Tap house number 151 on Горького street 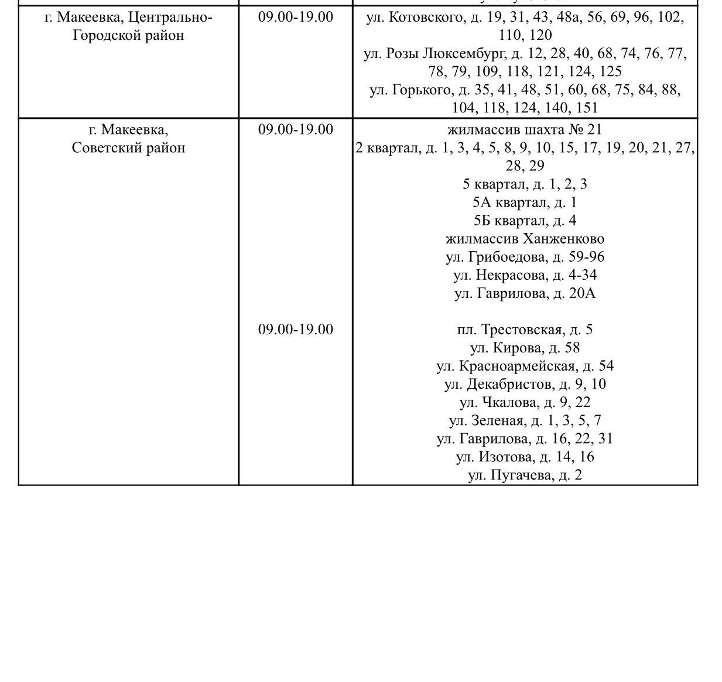[587, 108]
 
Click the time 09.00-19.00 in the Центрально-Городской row [296, 17]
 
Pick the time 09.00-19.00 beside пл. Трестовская [296, 330]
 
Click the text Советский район [128, 148]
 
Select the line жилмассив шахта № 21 [525, 129]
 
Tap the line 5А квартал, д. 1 [525, 203]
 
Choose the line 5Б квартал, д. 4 [525, 221]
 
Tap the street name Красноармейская [517, 366]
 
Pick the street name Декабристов [509, 384]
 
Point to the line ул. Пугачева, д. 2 [525, 475]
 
